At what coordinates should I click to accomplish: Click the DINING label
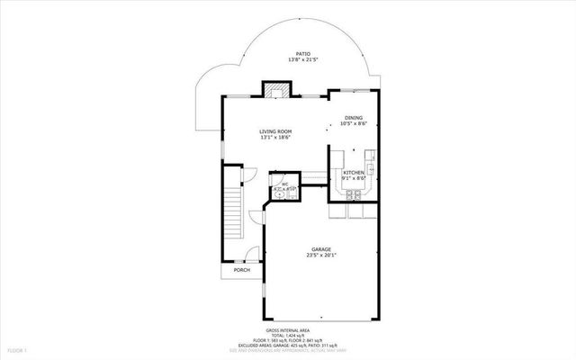[x=353, y=117]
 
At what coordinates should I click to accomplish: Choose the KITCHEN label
[x=353, y=172]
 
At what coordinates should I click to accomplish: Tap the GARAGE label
[x=321, y=248]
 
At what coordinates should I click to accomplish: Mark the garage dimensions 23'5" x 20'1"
[x=321, y=256]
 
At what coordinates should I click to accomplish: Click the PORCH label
[x=241, y=270]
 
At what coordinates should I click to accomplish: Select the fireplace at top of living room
[x=277, y=89]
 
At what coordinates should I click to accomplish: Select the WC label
[x=284, y=185]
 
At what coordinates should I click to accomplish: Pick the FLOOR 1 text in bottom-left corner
[x=19, y=348]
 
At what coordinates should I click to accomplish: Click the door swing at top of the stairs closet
[x=254, y=176]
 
